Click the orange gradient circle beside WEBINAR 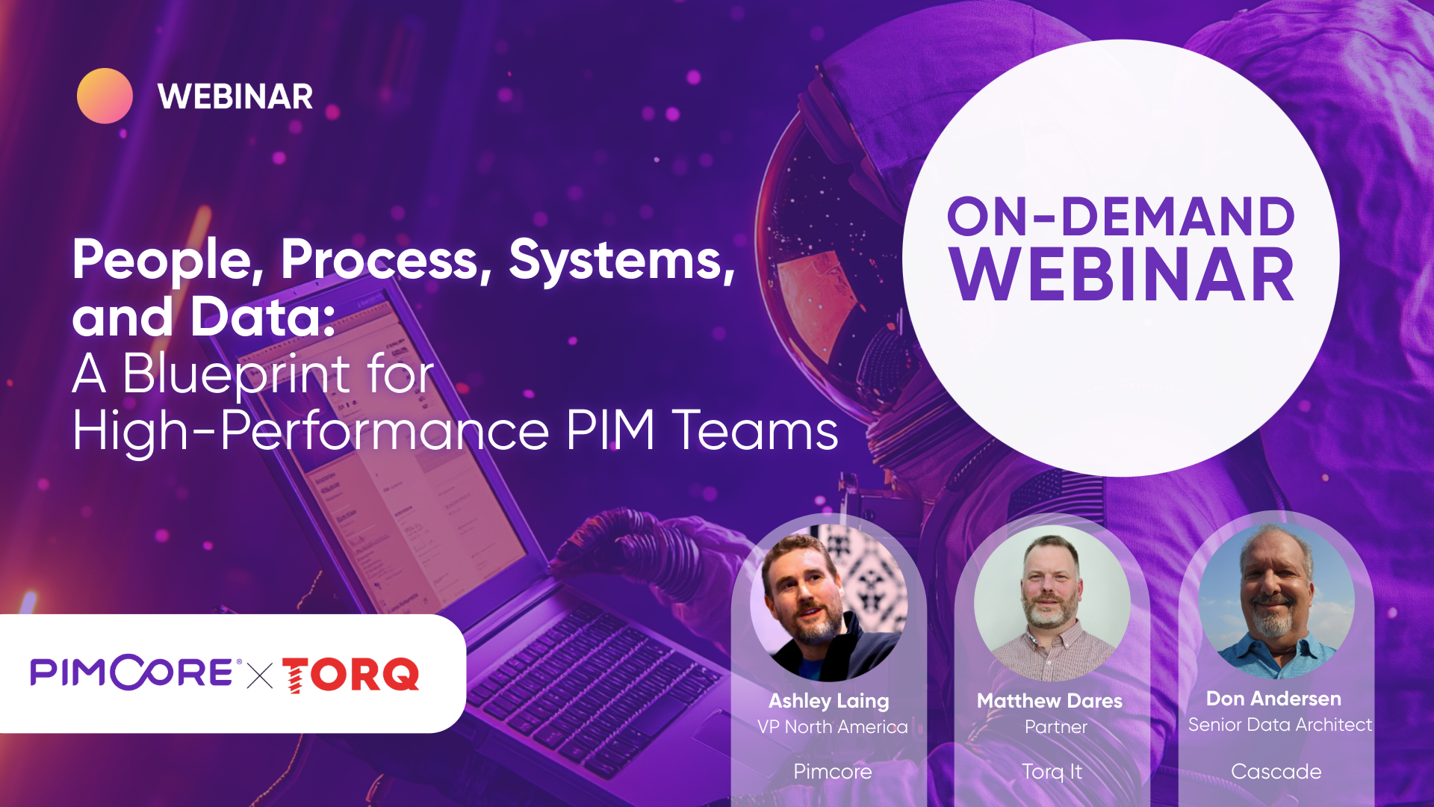[x=105, y=96]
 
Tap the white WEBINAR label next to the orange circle [x=235, y=97]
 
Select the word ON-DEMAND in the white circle [x=1120, y=217]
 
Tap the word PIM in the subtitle [x=610, y=431]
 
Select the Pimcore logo [x=133, y=672]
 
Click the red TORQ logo [x=351, y=675]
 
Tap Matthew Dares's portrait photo [x=1052, y=604]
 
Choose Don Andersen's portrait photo [x=1276, y=601]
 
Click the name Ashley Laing [x=829, y=701]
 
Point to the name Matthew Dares [x=1049, y=701]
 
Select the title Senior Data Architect [x=1279, y=725]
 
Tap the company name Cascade [x=1276, y=771]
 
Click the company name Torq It [x=1052, y=771]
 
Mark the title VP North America [x=832, y=727]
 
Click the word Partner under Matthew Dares [x=1055, y=727]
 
